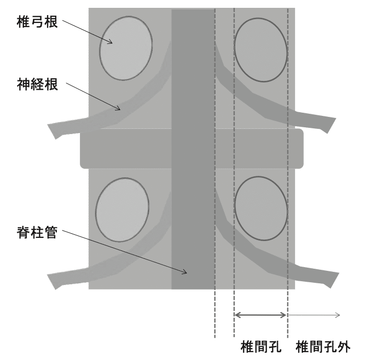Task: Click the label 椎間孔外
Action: [x=323, y=346]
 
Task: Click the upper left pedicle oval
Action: [x=126, y=47]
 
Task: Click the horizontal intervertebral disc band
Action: [x=192, y=149]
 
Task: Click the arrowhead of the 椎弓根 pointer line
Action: [x=112, y=43]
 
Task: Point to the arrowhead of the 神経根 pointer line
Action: [x=120, y=109]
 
